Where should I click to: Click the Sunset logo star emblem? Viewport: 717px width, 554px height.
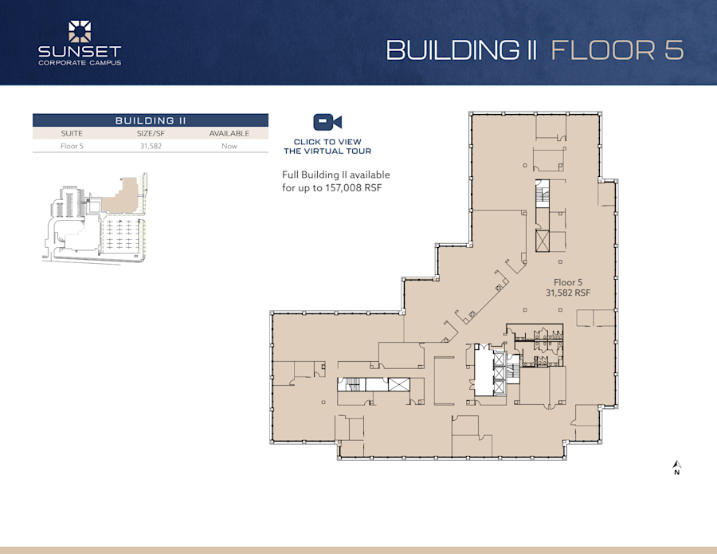[x=80, y=31]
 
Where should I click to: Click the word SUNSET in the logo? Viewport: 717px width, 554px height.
[x=80, y=52]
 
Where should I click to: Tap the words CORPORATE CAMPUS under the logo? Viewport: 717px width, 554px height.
[x=80, y=62]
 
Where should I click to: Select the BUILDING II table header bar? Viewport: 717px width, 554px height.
[x=150, y=120]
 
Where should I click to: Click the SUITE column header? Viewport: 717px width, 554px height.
[x=72, y=133]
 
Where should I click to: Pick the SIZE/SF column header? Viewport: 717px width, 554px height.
[x=150, y=133]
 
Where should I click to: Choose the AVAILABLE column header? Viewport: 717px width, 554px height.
[x=229, y=133]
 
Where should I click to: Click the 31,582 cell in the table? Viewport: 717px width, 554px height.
[x=150, y=146]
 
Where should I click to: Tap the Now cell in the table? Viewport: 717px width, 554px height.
[x=229, y=146]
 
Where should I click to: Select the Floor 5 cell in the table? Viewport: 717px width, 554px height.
[x=72, y=146]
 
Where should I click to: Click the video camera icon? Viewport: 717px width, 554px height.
[x=327, y=122]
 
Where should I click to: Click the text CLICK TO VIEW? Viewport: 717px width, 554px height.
[x=327, y=142]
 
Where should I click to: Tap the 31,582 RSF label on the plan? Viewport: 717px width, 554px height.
[x=568, y=293]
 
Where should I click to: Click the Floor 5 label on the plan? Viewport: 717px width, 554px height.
[x=568, y=282]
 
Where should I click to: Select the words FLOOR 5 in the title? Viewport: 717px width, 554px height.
[x=617, y=49]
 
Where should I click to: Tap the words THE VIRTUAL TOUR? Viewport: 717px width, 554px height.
[x=327, y=151]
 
